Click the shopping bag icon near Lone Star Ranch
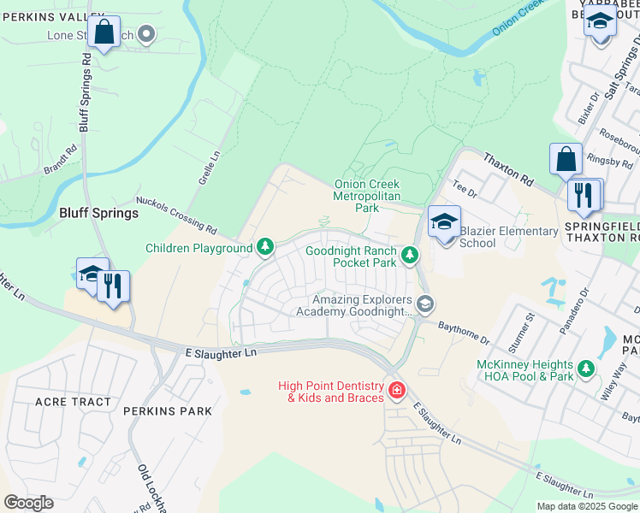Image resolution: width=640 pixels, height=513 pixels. point(104,32)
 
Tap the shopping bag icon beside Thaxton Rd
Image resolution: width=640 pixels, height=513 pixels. point(566,159)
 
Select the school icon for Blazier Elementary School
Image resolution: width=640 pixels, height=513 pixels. point(444,222)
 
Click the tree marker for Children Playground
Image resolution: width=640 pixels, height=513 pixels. point(266,248)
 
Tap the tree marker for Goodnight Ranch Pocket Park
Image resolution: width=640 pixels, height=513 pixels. point(411,255)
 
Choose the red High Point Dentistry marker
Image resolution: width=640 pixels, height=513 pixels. point(396,391)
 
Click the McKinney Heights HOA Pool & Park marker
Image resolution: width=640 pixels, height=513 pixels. point(586,369)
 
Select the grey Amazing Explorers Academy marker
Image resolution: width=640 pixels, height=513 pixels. point(424,304)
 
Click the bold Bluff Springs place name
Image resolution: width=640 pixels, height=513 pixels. point(98,213)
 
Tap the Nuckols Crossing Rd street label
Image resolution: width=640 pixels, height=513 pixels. point(175,212)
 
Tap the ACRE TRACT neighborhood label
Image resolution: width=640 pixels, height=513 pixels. point(73,401)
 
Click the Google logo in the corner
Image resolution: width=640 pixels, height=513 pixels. point(28,502)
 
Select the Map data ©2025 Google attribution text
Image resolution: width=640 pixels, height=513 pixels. point(586,506)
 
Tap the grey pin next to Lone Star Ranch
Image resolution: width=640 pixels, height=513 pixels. point(146,34)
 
